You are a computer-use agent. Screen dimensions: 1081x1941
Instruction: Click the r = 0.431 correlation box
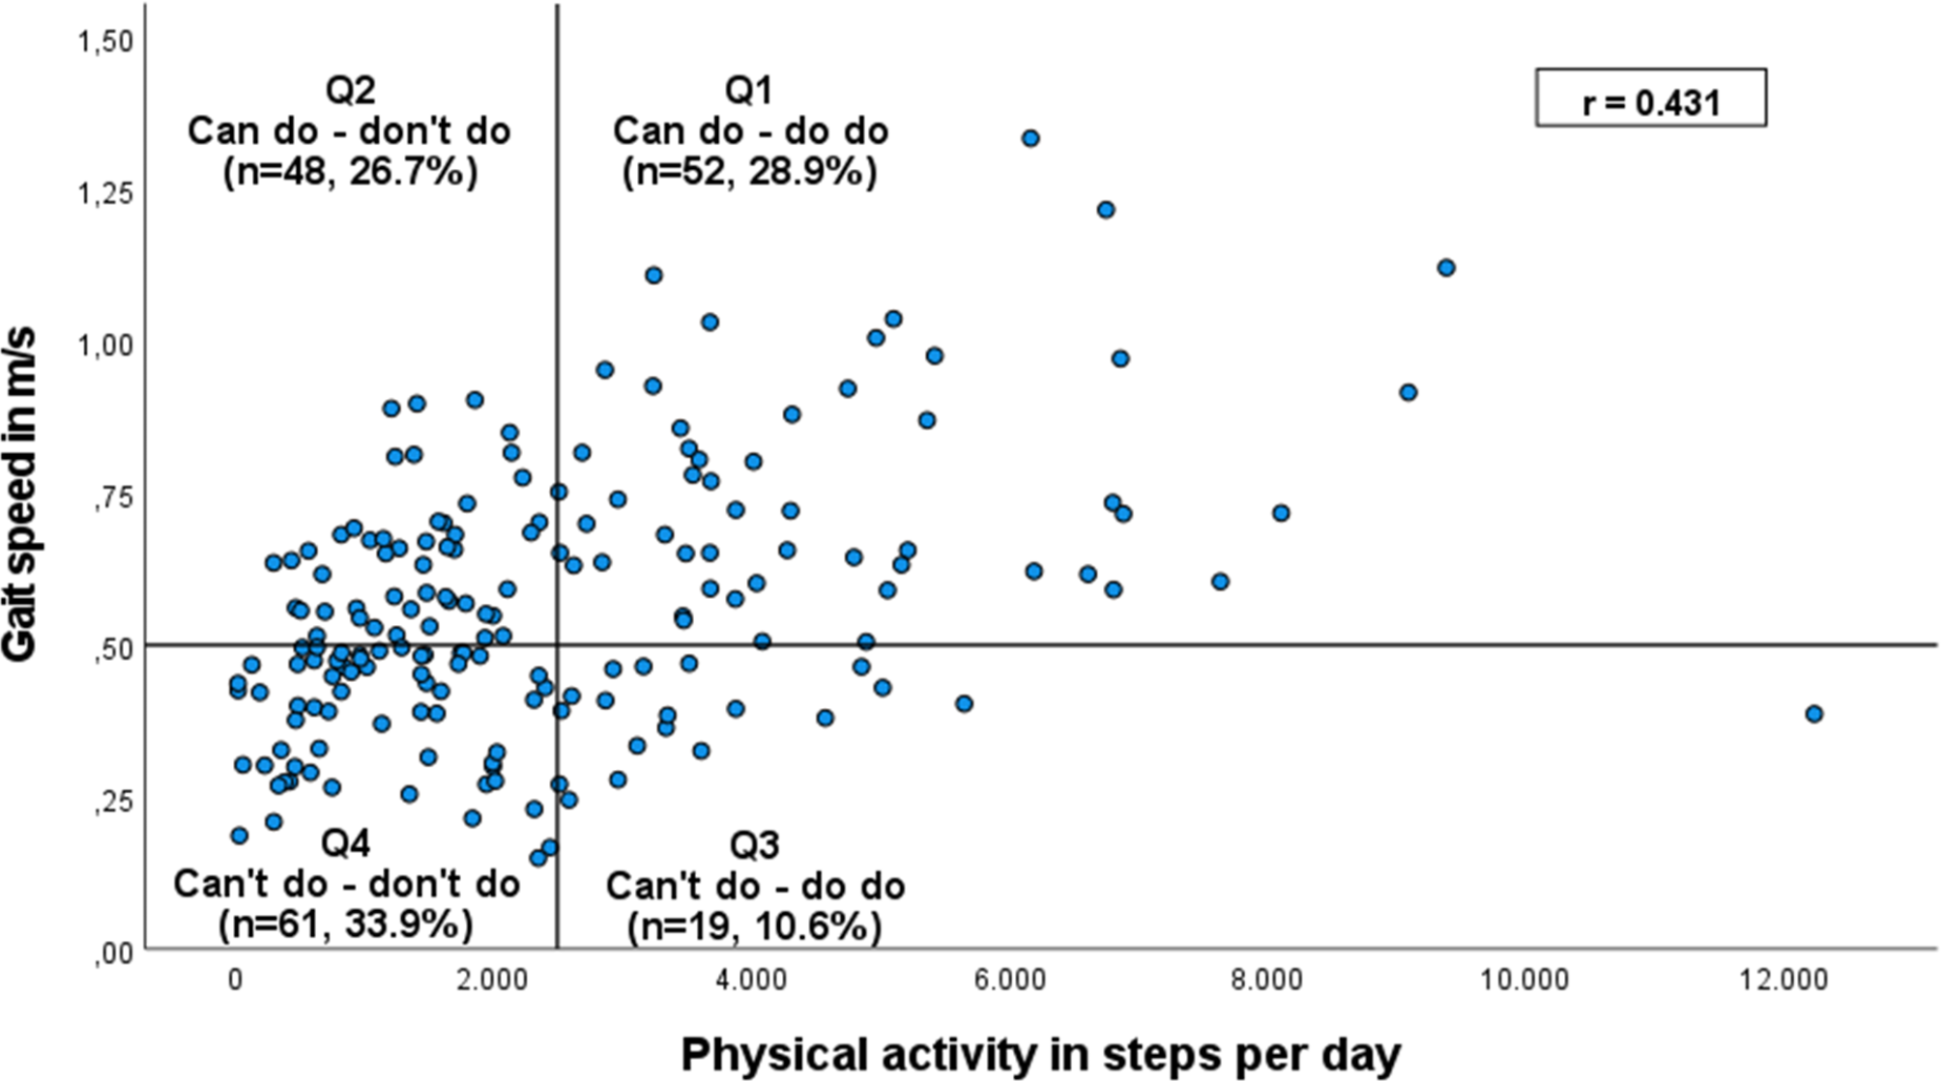pos(1651,98)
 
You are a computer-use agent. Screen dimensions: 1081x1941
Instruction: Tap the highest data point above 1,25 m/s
pos(1030,138)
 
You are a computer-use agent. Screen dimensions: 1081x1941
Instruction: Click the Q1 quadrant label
pos(749,91)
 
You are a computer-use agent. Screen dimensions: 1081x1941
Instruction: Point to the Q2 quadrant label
pos(350,91)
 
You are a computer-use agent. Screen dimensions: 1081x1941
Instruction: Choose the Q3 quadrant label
pos(754,845)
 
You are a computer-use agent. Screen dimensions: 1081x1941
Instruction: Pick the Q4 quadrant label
pos(346,843)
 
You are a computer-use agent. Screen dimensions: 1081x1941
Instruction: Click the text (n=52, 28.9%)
pos(750,172)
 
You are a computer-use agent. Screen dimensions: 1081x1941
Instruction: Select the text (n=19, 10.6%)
pos(754,926)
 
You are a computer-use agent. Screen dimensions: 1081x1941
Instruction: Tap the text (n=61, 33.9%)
pos(346,925)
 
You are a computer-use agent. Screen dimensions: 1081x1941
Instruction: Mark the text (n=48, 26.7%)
pos(350,173)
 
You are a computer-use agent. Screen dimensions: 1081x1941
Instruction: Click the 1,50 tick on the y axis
pos(107,41)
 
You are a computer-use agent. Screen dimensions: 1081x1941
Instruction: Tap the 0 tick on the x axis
pos(235,981)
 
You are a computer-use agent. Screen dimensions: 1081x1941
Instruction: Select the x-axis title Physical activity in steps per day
pos(1040,1054)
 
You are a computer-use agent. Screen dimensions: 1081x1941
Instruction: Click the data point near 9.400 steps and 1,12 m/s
pos(1446,268)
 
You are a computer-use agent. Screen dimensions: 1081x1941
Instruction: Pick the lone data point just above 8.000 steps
pos(1281,513)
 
